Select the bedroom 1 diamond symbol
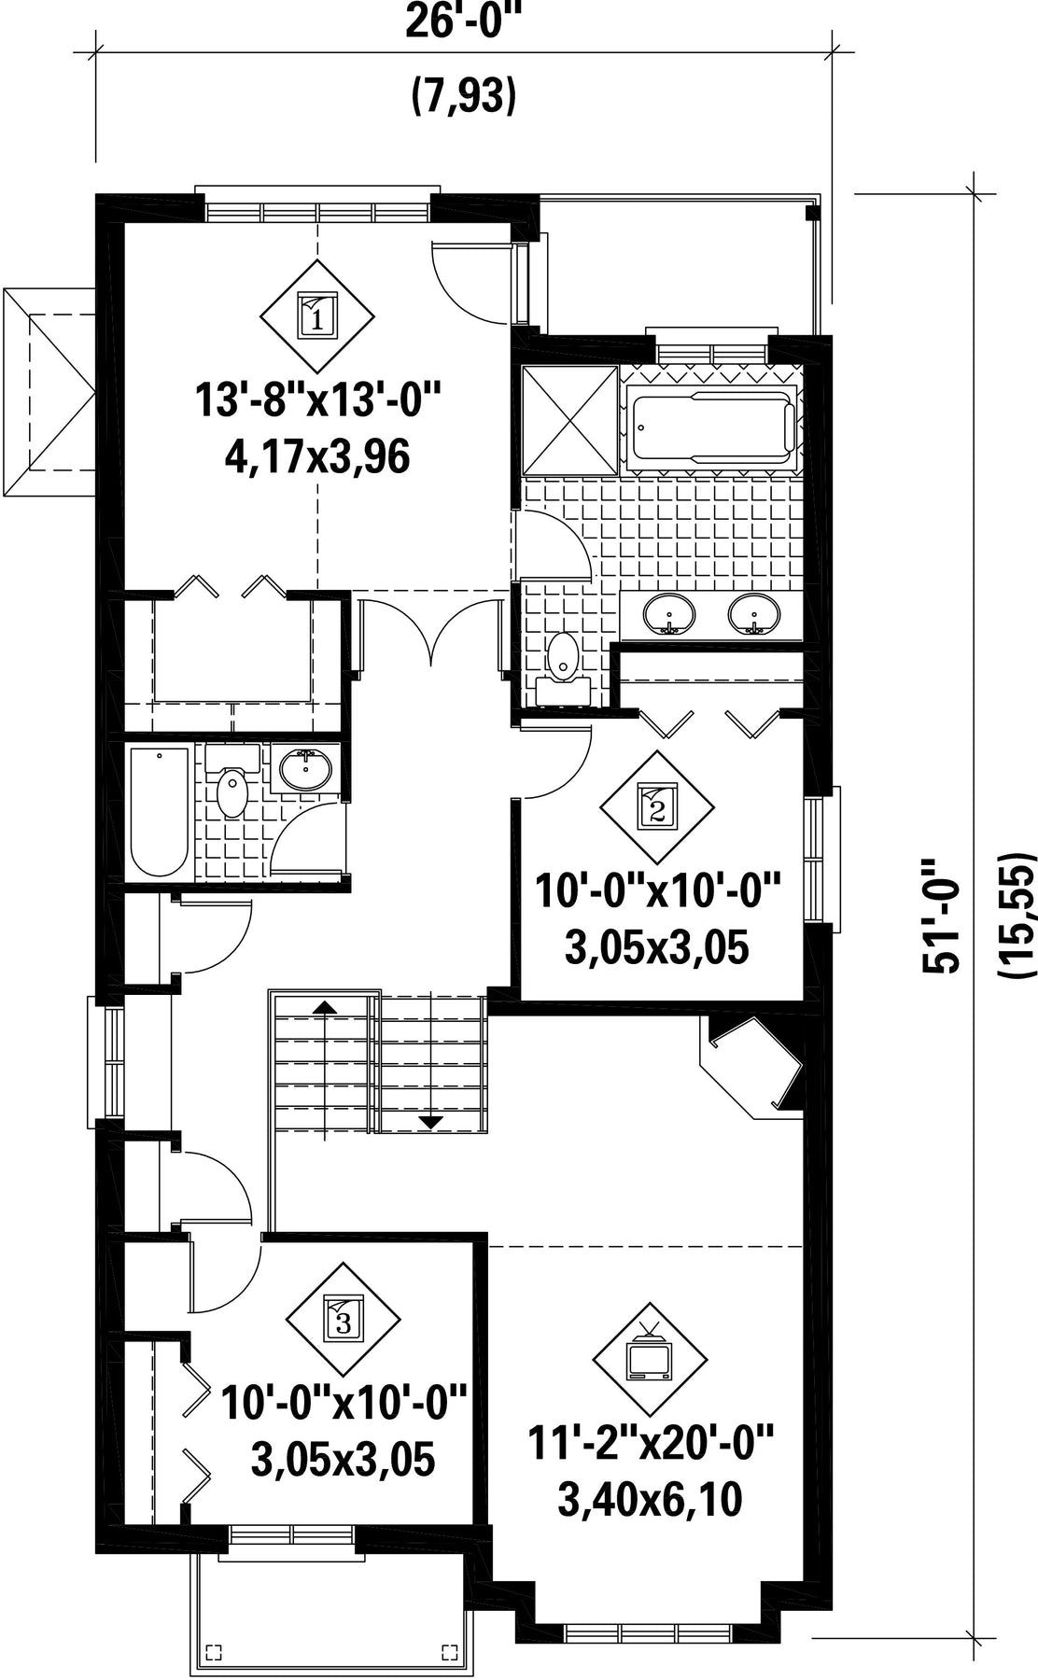pos(316,316)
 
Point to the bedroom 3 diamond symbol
pos(343,1321)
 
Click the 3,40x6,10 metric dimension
pos(650,1501)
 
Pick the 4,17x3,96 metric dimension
pos(317,457)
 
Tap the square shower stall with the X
pos(569,420)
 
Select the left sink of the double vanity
pos(669,614)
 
